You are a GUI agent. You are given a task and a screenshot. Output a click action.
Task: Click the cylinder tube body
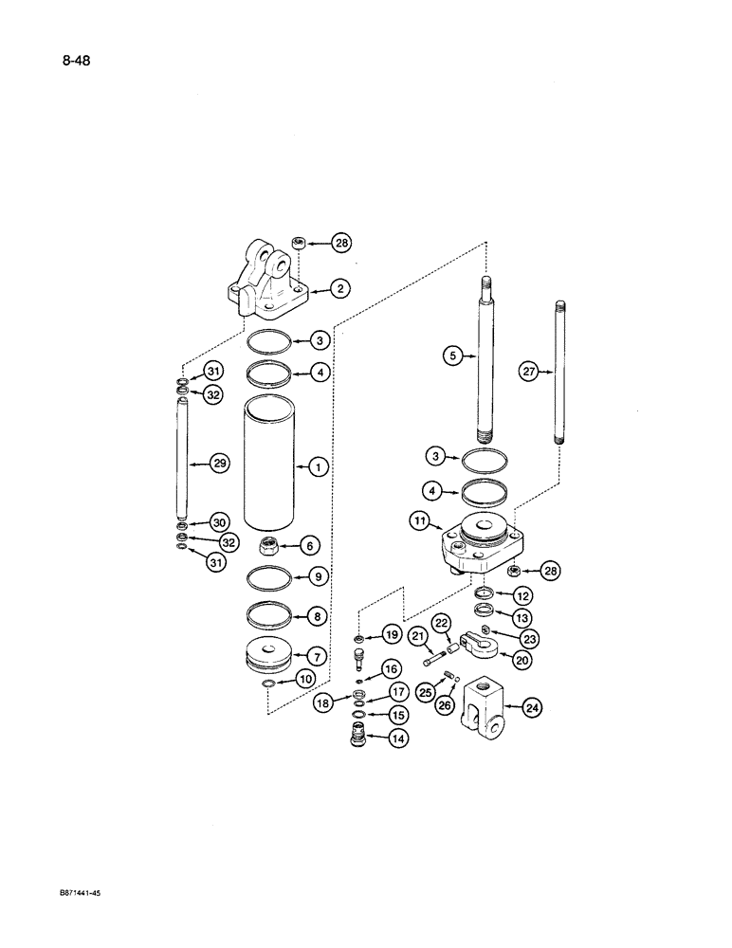[x=272, y=465]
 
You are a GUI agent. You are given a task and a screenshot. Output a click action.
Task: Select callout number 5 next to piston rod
[x=453, y=355]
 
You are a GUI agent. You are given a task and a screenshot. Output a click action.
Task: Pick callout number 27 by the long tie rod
[x=529, y=373]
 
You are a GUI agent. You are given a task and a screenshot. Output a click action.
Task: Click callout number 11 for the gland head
[x=421, y=520]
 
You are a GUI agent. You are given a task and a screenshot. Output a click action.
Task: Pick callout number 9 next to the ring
[x=319, y=574]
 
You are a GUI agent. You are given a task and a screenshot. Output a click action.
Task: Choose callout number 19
[x=393, y=634]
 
